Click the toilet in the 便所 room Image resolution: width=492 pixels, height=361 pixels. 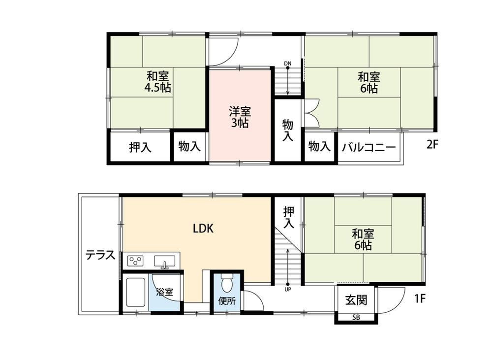point(226,283)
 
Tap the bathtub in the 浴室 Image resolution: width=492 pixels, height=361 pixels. point(136,292)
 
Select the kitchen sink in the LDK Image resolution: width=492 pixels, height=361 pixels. point(164,262)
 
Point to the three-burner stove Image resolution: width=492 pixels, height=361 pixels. point(135,261)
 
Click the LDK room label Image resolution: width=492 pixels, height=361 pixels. point(203,229)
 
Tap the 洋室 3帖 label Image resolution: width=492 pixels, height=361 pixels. point(240,117)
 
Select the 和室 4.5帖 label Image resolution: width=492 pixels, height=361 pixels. point(157,82)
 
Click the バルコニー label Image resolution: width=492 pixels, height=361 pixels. point(369,147)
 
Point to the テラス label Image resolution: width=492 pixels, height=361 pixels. point(100,255)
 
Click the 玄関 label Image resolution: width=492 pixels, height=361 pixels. point(356,300)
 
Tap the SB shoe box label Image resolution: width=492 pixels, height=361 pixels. point(356,317)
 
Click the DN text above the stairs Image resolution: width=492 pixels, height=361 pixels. point(288,64)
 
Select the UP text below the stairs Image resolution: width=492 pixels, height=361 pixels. point(287,290)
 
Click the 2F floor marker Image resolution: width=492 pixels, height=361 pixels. point(432,144)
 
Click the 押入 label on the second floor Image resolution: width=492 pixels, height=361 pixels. point(140,147)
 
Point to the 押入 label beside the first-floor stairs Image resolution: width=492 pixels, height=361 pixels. point(289,217)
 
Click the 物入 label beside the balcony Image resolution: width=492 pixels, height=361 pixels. point(319,146)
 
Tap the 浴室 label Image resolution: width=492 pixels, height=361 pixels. point(165,292)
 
